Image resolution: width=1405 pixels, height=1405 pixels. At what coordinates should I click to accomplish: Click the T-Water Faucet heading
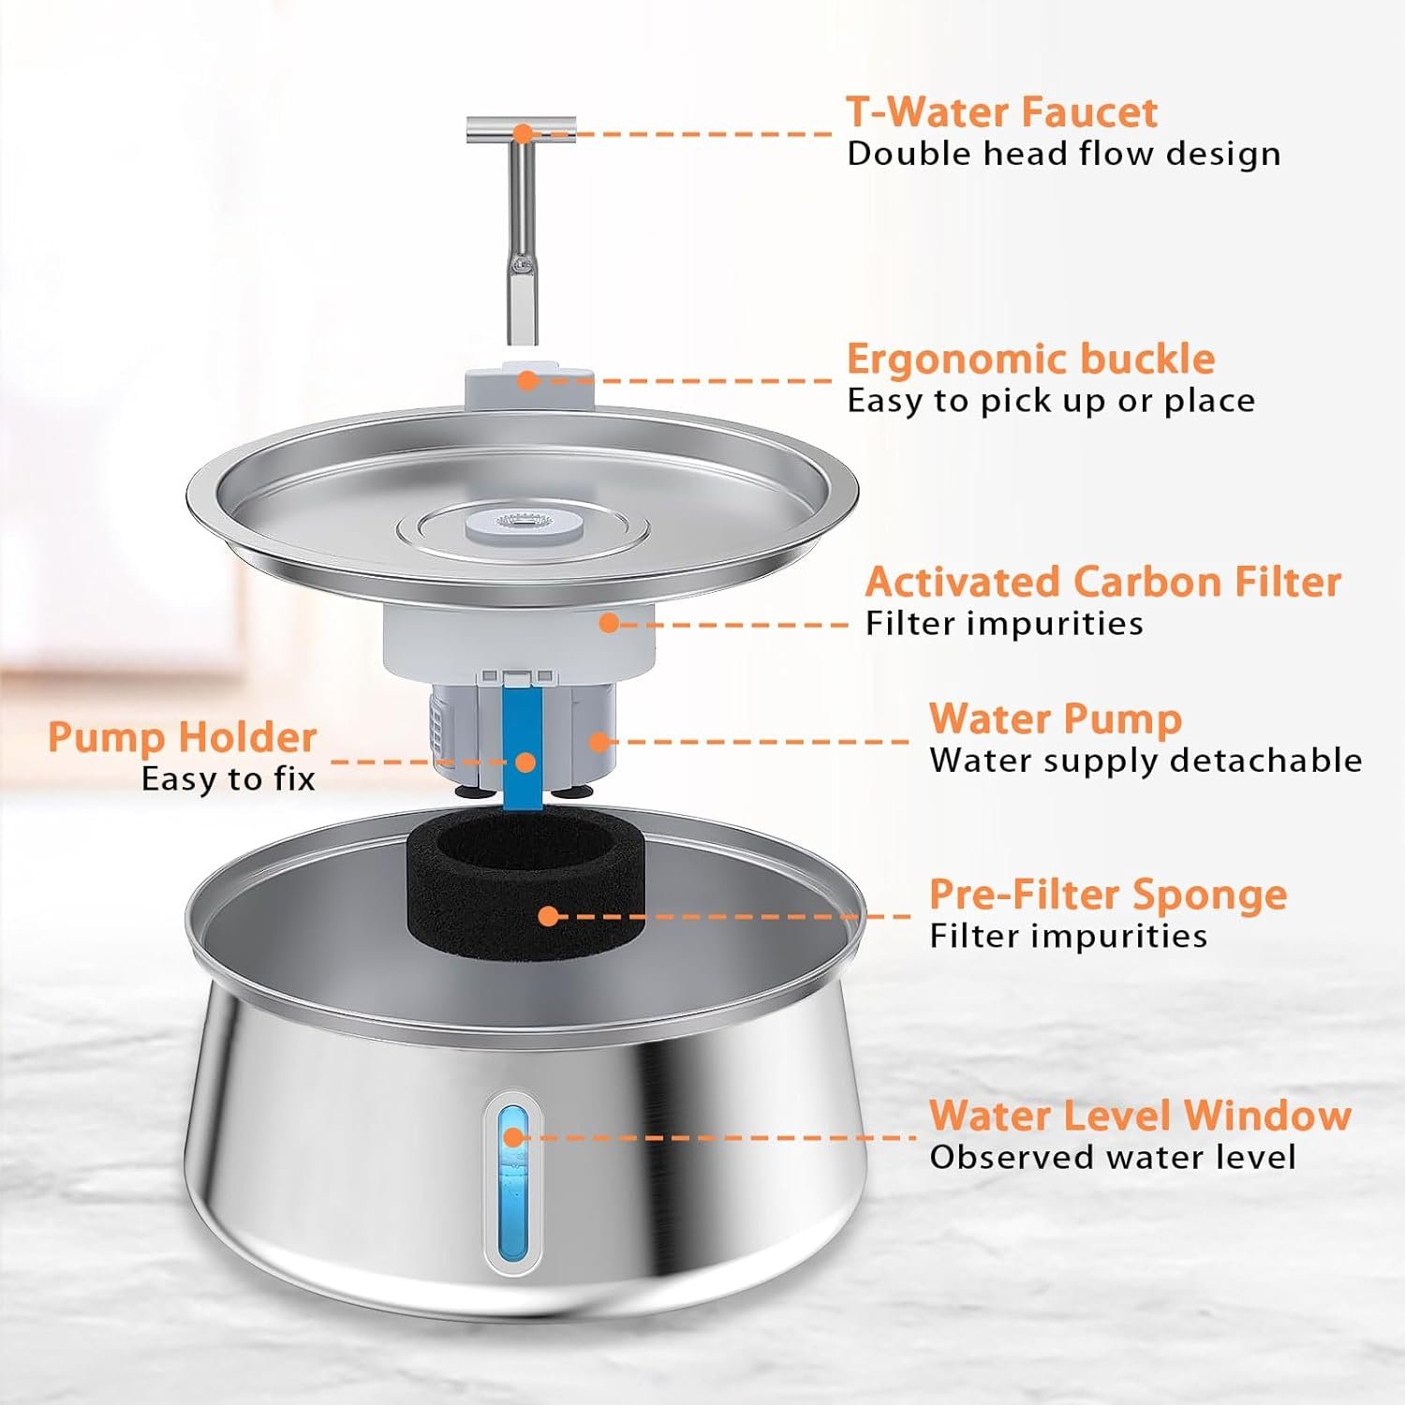(1001, 111)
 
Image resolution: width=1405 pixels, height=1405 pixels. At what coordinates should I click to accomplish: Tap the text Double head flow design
(1063, 154)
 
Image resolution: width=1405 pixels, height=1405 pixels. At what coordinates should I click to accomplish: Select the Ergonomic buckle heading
(1030, 359)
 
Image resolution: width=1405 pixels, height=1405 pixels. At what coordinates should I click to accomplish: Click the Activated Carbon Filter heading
(1102, 582)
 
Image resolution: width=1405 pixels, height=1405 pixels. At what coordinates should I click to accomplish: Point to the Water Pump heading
(1056, 719)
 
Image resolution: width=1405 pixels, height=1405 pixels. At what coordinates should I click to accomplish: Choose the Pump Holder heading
(182, 737)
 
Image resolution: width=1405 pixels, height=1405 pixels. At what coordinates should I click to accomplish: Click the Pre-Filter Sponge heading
(1108, 895)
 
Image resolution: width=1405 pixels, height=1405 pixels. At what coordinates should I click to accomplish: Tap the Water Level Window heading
(1140, 1116)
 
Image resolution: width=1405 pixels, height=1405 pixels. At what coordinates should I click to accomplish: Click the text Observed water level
(1113, 1158)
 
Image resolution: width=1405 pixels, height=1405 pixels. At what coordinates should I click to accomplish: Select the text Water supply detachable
(1146, 760)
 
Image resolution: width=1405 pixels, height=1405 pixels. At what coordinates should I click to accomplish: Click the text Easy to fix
(228, 779)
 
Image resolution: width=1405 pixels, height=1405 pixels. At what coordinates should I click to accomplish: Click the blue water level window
(512, 1182)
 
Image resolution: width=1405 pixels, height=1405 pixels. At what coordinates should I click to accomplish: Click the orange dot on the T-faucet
(524, 134)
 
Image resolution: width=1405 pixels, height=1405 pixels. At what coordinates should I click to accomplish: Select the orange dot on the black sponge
(549, 916)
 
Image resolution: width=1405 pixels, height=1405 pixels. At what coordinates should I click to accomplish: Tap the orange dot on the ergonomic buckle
(527, 380)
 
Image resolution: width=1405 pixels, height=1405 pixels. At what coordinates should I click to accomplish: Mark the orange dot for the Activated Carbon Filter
(609, 622)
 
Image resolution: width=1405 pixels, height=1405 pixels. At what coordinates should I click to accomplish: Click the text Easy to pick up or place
(1051, 401)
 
